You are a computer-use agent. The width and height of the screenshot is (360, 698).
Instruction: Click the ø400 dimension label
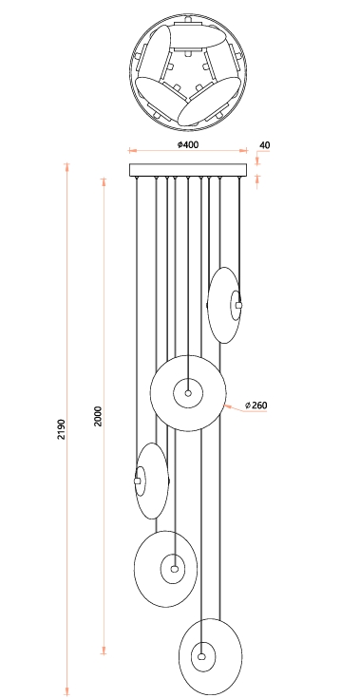tap(187, 144)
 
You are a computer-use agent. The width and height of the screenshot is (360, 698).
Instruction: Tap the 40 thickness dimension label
tap(264, 145)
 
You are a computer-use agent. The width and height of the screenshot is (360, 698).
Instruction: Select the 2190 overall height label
tap(62, 429)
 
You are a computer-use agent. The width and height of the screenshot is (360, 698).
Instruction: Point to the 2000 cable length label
tap(98, 416)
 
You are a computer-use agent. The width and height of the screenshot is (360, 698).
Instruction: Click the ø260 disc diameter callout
tap(256, 406)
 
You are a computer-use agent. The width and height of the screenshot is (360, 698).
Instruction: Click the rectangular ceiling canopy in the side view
tap(187, 171)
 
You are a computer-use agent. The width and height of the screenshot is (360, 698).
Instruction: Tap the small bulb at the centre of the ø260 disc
tap(188, 393)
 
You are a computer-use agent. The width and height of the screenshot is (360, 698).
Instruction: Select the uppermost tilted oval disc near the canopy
tap(224, 306)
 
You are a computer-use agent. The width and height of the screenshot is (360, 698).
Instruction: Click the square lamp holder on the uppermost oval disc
tap(239, 306)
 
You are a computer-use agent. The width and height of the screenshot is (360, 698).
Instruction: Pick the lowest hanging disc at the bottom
tap(211, 656)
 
